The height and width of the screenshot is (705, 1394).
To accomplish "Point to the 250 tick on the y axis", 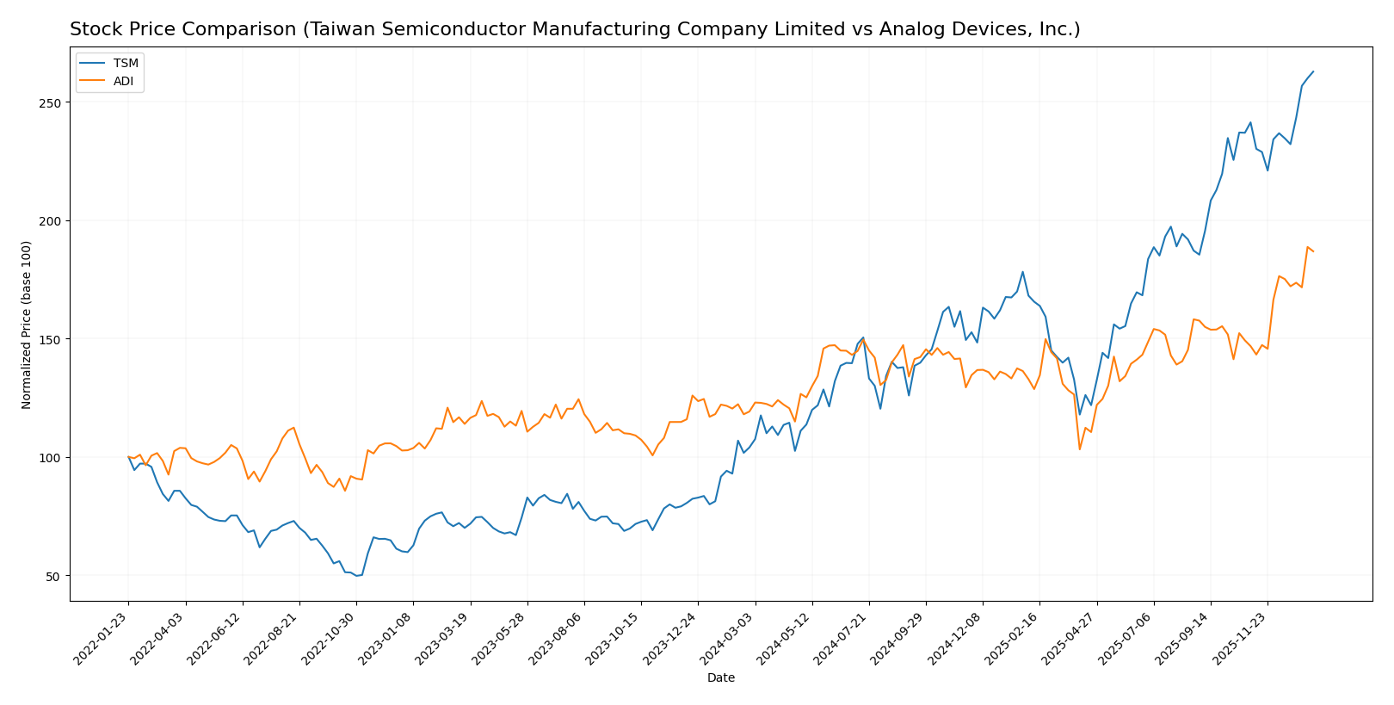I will pos(53,102).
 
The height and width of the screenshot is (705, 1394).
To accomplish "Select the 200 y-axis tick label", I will pos(53,221).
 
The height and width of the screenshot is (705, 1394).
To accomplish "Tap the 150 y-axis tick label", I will pos(53,339).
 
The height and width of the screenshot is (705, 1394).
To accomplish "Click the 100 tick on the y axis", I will pos(53,458).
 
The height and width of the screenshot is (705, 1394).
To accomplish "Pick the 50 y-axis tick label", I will pos(57,576).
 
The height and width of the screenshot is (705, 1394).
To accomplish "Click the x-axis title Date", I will pos(720,678).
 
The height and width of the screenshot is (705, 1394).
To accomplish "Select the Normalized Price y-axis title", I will pos(27,325).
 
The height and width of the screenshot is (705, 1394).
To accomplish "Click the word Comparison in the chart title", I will pos(233,30).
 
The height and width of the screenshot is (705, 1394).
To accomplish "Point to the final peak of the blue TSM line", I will pos(1313,71).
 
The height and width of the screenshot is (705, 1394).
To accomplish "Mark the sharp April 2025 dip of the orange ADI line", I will pos(1080,449).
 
